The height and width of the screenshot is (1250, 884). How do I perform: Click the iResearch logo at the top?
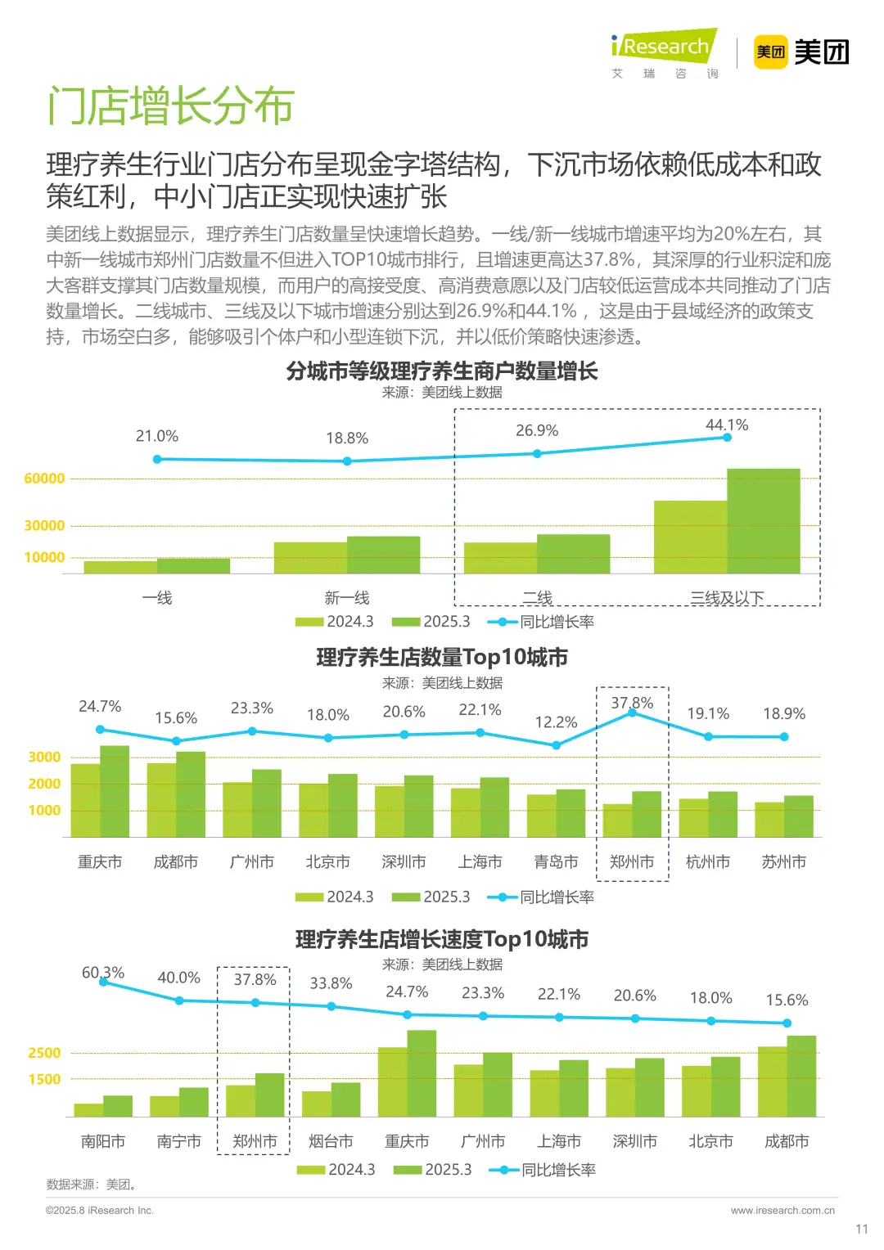pyautogui.click(x=664, y=47)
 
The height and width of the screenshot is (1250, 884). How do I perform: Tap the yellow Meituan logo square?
pyautogui.click(x=769, y=52)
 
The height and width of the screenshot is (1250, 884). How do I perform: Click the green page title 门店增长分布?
pyautogui.click(x=170, y=106)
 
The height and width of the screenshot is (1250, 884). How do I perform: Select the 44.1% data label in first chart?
pyautogui.click(x=727, y=425)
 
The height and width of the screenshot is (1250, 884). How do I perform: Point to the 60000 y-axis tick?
pyautogui.click(x=44, y=479)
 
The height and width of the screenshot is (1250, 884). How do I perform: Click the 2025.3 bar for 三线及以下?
pyautogui.click(x=763, y=521)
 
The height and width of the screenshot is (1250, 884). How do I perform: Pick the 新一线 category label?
pyautogui.click(x=347, y=598)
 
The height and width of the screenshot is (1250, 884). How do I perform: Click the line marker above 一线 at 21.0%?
pyautogui.click(x=157, y=459)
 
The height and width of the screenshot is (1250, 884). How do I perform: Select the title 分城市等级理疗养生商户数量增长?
pyautogui.click(x=442, y=371)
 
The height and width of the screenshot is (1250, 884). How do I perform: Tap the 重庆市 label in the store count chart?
pyautogui.click(x=100, y=861)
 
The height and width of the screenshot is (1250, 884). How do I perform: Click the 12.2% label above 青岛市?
pyautogui.click(x=556, y=722)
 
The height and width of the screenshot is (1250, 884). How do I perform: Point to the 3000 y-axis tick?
pyautogui.click(x=44, y=757)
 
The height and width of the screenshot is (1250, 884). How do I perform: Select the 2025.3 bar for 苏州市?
pyautogui.click(x=798, y=816)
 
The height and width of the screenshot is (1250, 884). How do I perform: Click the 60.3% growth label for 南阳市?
pyautogui.click(x=103, y=972)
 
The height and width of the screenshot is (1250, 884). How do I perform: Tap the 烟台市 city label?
pyautogui.click(x=331, y=1141)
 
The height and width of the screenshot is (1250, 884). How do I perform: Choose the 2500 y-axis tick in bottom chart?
pyautogui.click(x=44, y=1053)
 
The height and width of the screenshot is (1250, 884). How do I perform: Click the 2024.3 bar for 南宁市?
pyautogui.click(x=165, y=1106)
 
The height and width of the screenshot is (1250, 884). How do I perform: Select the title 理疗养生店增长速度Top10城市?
pyautogui.click(x=442, y=939)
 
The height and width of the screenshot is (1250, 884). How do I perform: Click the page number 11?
pyautogui.click(x=861, y=1229)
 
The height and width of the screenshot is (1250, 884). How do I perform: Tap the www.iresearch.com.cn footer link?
pyautogui.click(x=783, y=1210)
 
